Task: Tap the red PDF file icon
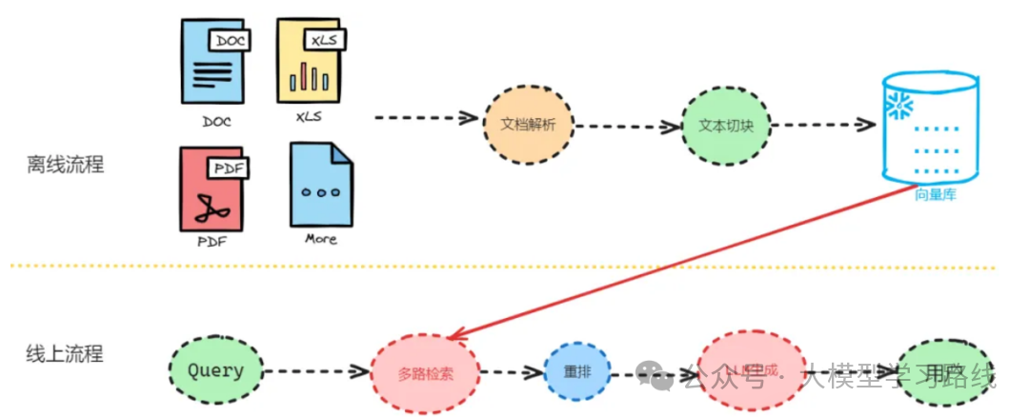point(212,189)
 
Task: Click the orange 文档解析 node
point(527,125)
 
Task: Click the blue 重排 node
point(577,372)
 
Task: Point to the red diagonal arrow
point(686,259)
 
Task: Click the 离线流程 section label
point(65,164)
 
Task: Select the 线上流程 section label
point(65,354)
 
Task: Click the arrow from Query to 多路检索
point(314,370)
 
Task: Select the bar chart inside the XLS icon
point(309,76)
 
